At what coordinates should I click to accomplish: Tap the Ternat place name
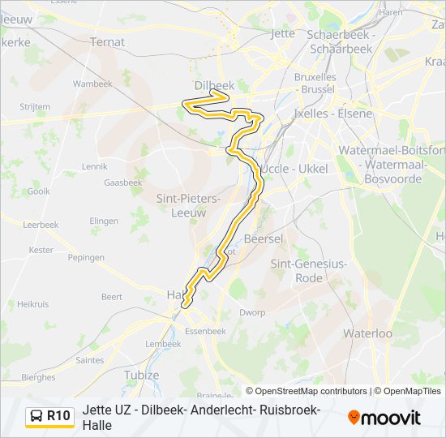click(x=108, y=41)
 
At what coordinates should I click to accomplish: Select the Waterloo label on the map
click(x=367, y=333)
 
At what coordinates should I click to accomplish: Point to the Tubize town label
click(x=142, y=376)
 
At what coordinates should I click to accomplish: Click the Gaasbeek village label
click(x=123, y=182)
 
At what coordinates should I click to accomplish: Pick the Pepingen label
click(x=86, y=257)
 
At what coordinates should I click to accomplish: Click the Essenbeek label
click(x=205, y=331)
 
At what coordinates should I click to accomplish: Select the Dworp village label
click(x=252, y=312)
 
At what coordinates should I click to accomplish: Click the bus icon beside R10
click(x=36, y=416)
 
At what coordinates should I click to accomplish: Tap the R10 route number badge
click(x=58, y=416)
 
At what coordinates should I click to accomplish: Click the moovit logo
click(x=384, y=418)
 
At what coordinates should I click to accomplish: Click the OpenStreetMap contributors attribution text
click(x=307, y=391)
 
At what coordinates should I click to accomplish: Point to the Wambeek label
click(x=92, y=84)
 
